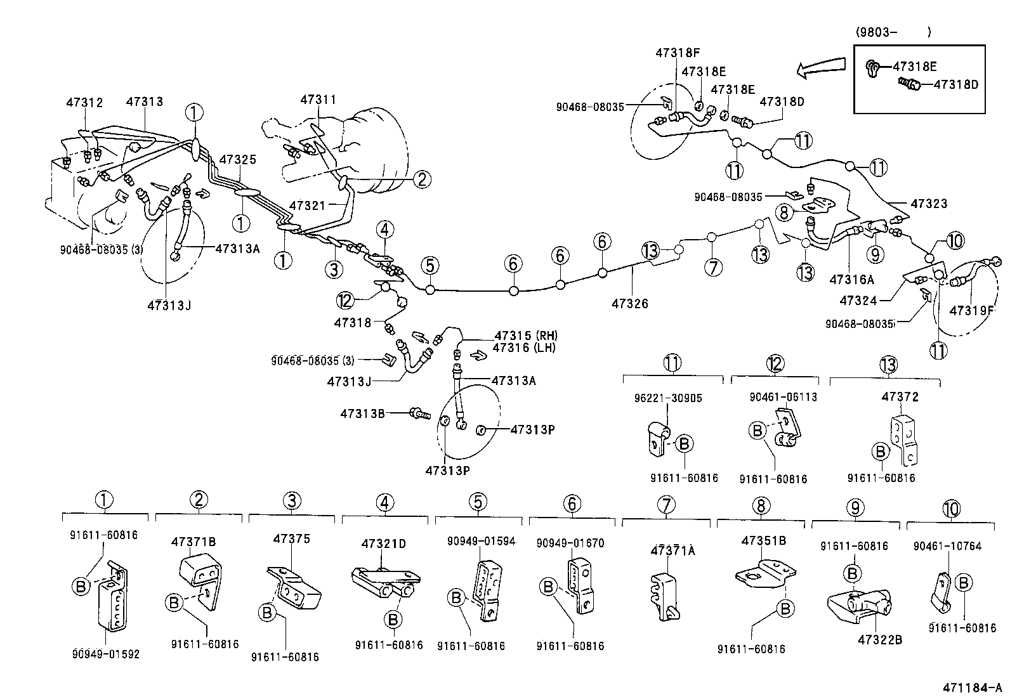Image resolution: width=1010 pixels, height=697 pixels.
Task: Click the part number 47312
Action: coord(84,102)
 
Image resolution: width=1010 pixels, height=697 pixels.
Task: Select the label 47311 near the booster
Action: coord(318,100)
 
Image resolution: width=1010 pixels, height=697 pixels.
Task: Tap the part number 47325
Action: coord(238,159)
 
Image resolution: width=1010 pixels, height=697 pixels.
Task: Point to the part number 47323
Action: coord(929,204)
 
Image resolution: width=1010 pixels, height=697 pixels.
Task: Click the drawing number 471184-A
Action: coord(971,687)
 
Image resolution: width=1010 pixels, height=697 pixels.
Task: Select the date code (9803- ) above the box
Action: coord(893,32)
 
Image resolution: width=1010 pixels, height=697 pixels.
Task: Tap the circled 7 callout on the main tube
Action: coord(713,267)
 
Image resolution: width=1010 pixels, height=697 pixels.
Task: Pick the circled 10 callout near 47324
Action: coord(955,240)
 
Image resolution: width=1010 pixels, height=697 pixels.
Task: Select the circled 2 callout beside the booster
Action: coord(421,179)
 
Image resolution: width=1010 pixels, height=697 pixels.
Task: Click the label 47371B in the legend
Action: coord(193,542)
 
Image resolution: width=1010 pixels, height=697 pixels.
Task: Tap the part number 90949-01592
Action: coord(105,654)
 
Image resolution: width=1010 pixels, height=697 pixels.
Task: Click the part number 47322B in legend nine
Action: coord(879,639)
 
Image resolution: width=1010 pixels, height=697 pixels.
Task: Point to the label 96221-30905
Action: coord(667,398)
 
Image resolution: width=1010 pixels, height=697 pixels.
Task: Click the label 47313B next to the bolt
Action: coord(362,414)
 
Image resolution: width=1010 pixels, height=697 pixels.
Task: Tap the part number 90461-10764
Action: coord(947,546)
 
